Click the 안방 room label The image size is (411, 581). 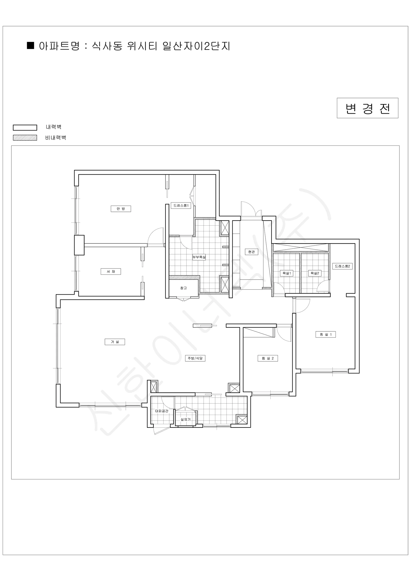point(121,209)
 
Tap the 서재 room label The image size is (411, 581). point(111,272)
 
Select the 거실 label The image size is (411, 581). point(115,342)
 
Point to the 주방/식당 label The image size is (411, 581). point(195,358)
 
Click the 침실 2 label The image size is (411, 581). point(268,358)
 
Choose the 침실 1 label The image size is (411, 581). point(326,335)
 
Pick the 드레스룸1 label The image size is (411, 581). point(181,206)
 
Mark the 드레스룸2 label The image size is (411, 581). point(342,266)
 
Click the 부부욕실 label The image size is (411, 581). point(199,257)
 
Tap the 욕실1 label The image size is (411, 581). point(287,273)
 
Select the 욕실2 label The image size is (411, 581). point(315,273)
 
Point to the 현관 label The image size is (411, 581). point(251,252)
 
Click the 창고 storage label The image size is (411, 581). point(183,288)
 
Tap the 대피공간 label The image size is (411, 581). point(162,411)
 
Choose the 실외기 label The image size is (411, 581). point(185,419)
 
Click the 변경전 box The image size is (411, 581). point(367,108)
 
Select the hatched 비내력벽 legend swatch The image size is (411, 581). point(25,138)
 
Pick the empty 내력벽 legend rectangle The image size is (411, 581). point(25,128)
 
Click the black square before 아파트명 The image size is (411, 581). point(31,46)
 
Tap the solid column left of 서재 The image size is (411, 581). point(79,245)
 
